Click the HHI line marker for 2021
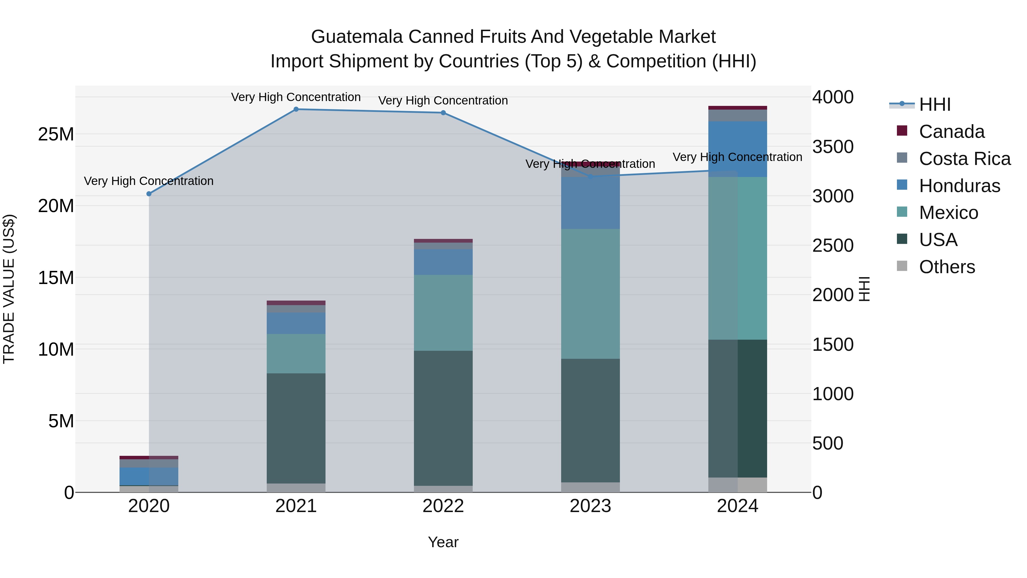[x=296, y=109]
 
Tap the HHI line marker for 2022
[x=443, y=113]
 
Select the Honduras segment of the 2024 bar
[x=737, y=149]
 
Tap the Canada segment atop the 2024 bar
[x=737, y=108]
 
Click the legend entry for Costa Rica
[x=965, y=159]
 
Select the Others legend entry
[x=947, y=267]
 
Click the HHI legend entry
[x=935, y=104]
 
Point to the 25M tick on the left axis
[x=56, y=134]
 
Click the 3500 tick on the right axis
[x=833, y=147]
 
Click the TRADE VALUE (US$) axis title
[x=9, y=289]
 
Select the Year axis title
[x=443, y=543]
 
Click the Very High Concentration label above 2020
[x=149, y=181]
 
